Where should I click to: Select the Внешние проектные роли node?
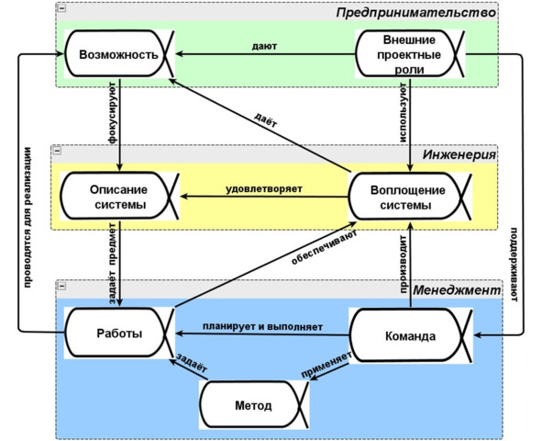409,54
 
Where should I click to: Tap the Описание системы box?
119,197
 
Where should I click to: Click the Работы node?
119,333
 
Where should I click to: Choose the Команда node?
410,335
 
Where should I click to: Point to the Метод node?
253,405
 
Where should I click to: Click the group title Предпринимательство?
415,13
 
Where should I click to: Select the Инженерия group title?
459,154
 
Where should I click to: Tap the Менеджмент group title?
457,289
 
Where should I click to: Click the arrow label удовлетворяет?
264,189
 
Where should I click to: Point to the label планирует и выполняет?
262,326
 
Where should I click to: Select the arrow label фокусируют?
113,113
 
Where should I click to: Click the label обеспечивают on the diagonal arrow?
325,247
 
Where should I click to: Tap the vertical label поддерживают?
514,265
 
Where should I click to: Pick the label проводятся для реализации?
28,219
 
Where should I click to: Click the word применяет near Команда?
326,365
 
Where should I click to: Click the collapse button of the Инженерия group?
57,151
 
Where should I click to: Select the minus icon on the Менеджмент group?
61,286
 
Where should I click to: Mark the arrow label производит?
403,264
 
